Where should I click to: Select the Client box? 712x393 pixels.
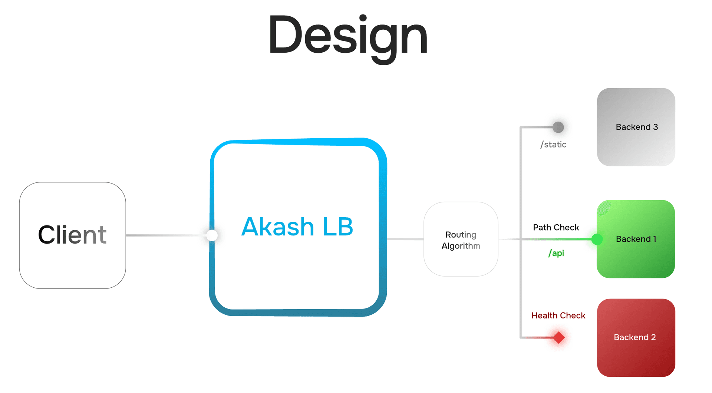[72, 235]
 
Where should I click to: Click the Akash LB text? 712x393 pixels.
[297, 227]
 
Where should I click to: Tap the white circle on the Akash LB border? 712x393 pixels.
[212, 235]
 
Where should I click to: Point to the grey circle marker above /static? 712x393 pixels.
[558, 127]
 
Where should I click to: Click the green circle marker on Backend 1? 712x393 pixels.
[597, 239]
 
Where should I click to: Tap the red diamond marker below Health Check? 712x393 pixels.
[559, 337]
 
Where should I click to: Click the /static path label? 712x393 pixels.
[553, 145]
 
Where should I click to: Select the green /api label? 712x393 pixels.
[556, 253]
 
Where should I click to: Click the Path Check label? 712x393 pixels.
[556, 227]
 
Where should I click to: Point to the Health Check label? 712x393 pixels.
[558, 316]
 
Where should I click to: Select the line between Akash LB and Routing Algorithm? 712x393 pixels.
[405, 239]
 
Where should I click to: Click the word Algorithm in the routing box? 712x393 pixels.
[461, 246]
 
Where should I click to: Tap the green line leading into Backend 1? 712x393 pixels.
[564, 240]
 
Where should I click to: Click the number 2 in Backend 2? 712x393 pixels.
[653, 337]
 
